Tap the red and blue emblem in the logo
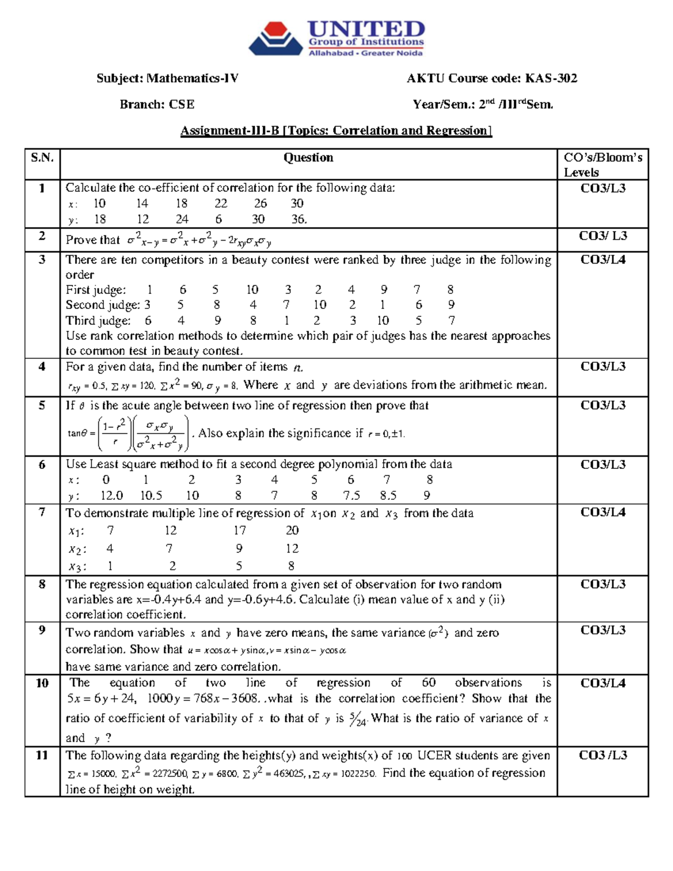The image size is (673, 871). point(275,39)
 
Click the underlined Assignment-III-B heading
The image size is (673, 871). point(335,131)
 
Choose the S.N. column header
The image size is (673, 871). point(42,158)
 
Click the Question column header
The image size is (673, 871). point(308,158)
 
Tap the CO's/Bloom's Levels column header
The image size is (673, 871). point(602,164)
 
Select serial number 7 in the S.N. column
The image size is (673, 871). point(42,512)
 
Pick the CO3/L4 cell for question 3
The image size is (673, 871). point(602,260)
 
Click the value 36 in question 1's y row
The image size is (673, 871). point(298,219)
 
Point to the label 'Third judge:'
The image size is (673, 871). point(98,321)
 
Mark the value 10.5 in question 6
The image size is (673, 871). point(151,496)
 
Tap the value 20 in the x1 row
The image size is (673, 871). point(292,531)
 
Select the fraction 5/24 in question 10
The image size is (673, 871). point(357,720)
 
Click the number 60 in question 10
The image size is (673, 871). point(428,683)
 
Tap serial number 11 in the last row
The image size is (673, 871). point(42,755)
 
